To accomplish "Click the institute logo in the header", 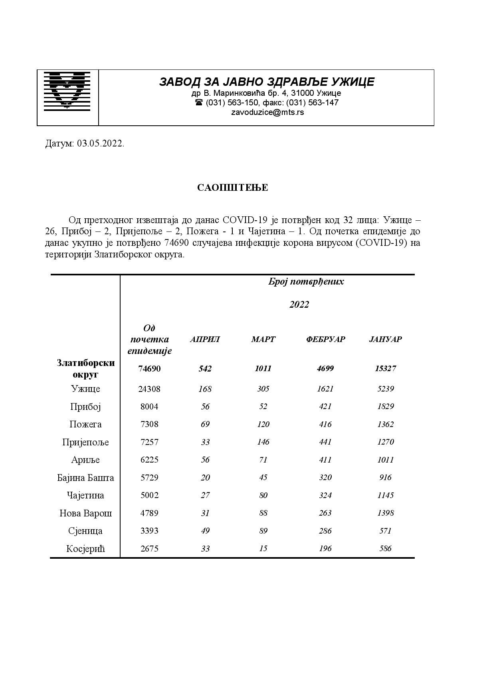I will [67, 91].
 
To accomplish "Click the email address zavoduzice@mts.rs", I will [267, 112].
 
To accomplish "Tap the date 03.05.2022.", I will [101, 144].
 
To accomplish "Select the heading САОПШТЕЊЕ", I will [232, 188].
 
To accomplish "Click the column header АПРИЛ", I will [205, 339].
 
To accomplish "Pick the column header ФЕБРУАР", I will [325, 339].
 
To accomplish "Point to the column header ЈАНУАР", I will [385, 339].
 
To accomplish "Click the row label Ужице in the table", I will [85, 389].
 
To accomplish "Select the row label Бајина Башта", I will [85, 478].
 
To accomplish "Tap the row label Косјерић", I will [85, 549].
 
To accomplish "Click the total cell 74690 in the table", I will [149, 368].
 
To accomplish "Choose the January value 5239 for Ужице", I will [385, 389].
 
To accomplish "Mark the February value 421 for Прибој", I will [325, 406].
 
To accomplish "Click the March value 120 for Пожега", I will [263, 424].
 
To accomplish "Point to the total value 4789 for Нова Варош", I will [149, 513].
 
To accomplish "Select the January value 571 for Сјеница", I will [385, 531].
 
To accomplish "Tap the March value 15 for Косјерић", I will [263, 548].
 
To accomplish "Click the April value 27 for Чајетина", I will [205, 495].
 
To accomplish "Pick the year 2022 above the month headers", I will [299, 305].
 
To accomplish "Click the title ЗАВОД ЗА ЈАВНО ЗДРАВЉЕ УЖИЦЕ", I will [267, 82].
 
